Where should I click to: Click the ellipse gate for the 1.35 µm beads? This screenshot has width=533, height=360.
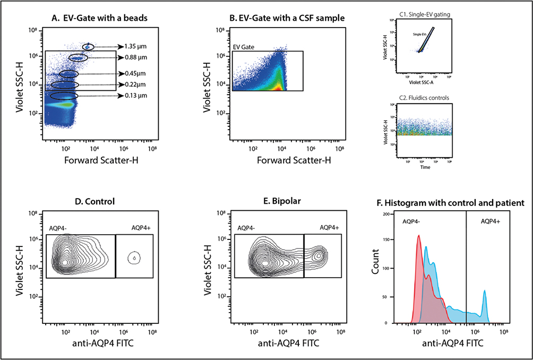tap(88, 47)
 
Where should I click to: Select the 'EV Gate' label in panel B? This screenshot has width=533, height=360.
tap(244, 47)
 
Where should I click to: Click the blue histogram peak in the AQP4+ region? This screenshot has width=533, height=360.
tap(484, 292)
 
